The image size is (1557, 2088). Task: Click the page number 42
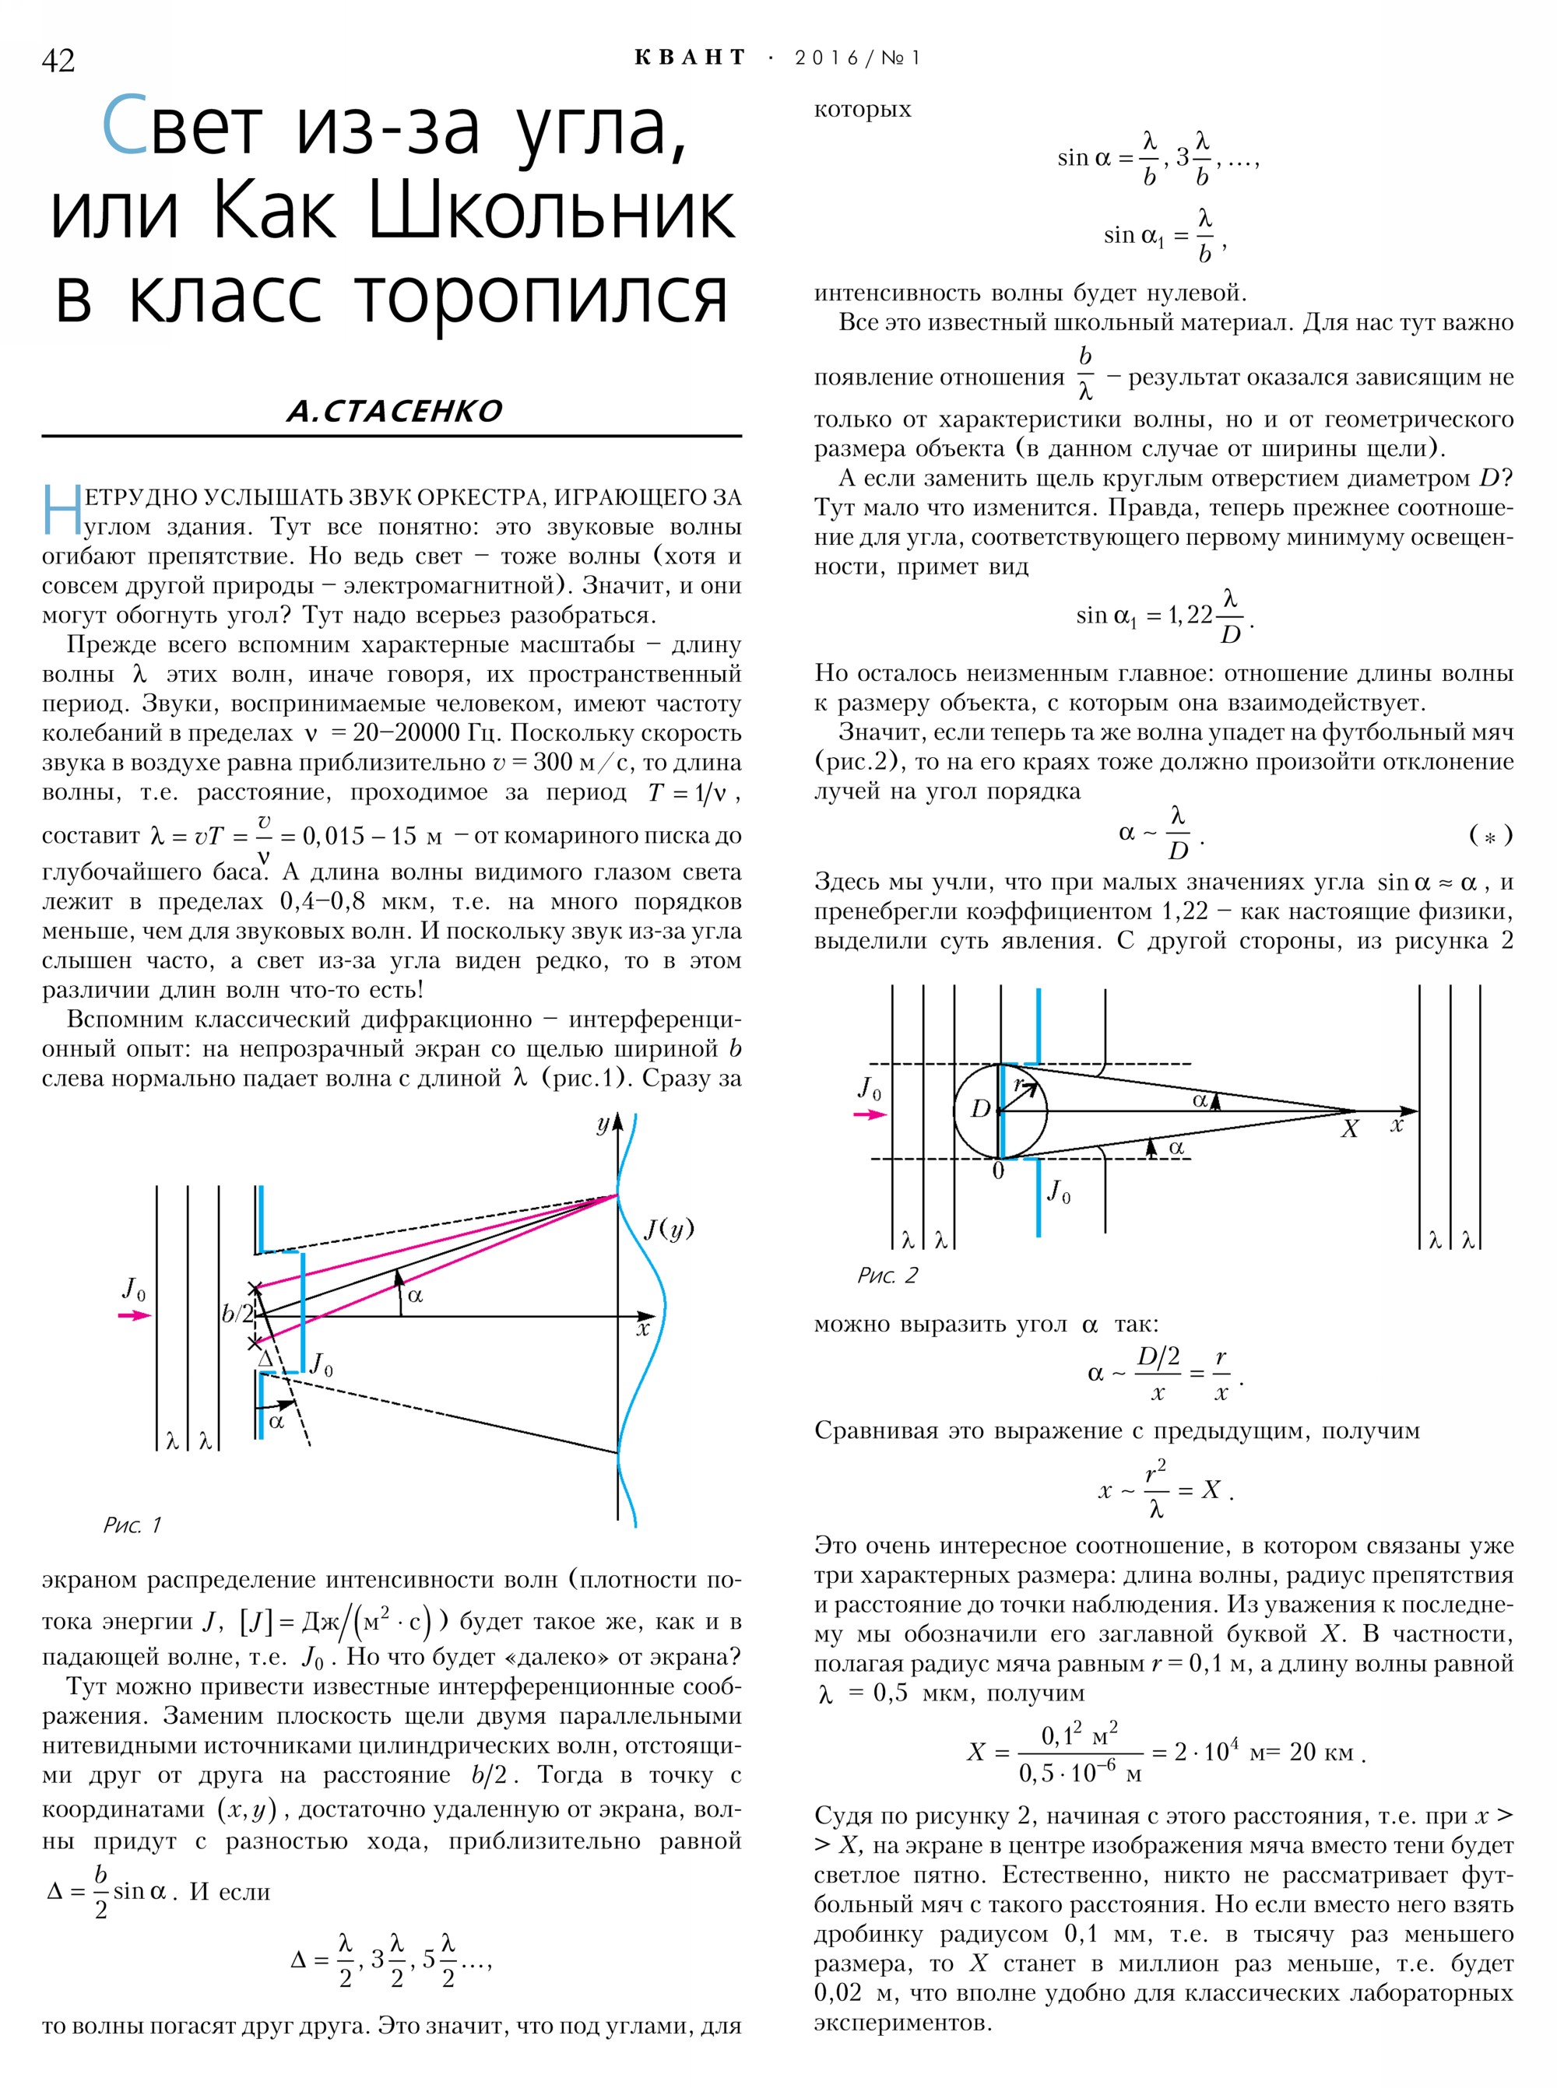point(58,60)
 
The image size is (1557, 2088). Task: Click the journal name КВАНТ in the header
point(690,58)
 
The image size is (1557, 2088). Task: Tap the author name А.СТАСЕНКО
point(394,411)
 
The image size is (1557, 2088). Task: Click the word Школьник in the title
point(550,212)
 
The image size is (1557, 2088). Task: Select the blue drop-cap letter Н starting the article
point(62,511)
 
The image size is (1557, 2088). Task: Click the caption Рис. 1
point(132,1525)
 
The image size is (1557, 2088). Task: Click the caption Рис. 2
point(887,1275)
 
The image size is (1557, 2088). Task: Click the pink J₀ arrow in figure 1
point(135,1315)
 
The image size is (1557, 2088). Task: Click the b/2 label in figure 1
point(237,1314)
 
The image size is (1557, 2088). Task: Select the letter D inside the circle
point(981,1109)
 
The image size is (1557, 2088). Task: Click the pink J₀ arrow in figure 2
point(870,1114)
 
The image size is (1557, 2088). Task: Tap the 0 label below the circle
point(998,1171)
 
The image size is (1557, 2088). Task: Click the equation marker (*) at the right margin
point(1490,835)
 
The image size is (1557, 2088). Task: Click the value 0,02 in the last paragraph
point(837,1993)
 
